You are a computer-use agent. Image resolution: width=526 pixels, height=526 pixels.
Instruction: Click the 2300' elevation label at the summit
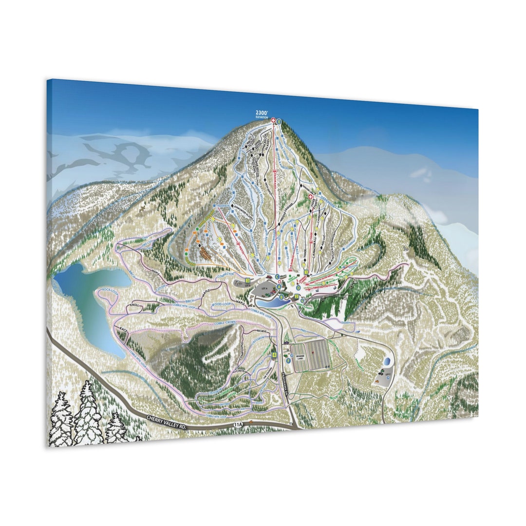click(262, 114)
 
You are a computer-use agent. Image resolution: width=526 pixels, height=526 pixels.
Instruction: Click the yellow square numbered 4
click(275, 355)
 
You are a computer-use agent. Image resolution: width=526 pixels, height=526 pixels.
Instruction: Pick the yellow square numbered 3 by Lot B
click(248, 281)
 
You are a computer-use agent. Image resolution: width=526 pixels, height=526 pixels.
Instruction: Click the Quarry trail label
click(346, 322)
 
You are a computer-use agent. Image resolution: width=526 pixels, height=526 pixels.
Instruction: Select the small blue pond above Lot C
click(386, 362)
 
